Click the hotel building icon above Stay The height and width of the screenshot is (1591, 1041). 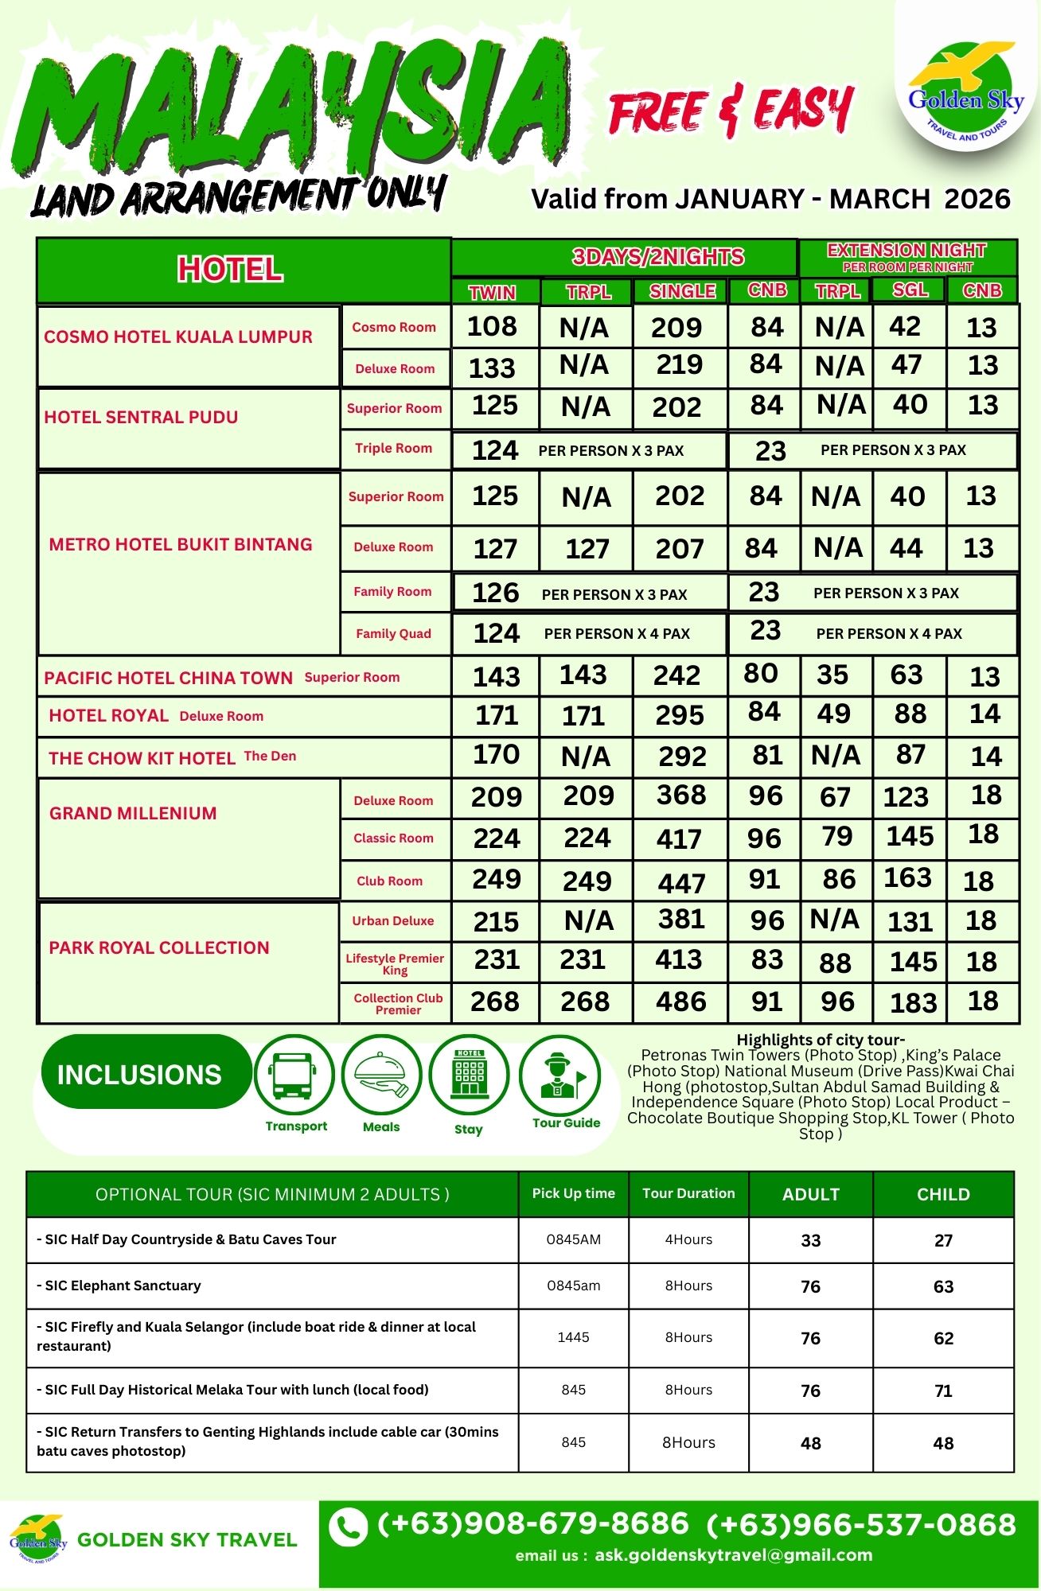coord(469,1074)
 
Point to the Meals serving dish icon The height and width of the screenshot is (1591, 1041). coord(381,1074)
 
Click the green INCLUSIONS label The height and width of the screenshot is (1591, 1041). coord(139,1075)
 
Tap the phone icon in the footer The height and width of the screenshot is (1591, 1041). coord(348,1527)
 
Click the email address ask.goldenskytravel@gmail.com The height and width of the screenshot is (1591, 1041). coord(733,1555)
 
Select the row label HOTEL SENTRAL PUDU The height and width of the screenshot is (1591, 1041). coord(141,417)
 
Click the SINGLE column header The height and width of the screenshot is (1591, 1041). coord(682,291)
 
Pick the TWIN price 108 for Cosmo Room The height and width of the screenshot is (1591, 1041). coord(492,326)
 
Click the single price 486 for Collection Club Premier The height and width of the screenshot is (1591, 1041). coord(680,1002)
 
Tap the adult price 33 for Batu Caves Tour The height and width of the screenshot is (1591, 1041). coord(810,1240)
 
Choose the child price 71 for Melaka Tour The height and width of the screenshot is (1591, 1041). coord(943,1391)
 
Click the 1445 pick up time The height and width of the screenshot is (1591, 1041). coord(573,1337)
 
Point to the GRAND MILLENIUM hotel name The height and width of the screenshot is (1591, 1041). coord(133,813)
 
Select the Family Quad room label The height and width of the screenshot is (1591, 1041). coord(393,633)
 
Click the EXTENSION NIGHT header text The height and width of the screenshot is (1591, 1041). coord(906,250)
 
